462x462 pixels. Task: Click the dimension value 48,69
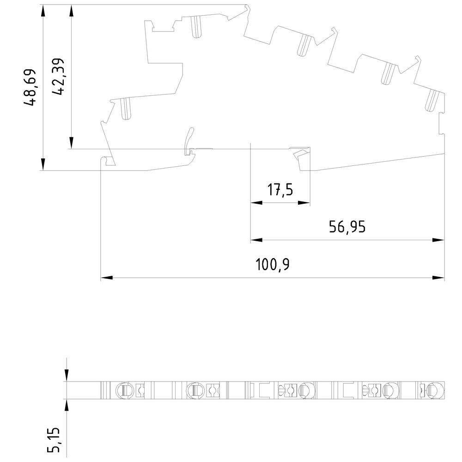pos(30,87)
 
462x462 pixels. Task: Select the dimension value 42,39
pos(58,77)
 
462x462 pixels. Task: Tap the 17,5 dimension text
pos(280,189)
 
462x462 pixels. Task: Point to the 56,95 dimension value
pos(347,227)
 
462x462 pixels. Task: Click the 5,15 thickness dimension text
pos(54,440)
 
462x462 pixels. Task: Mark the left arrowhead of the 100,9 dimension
pos(106,278)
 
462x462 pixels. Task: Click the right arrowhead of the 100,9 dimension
pos(438,278)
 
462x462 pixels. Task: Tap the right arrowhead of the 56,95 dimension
pos(438,240)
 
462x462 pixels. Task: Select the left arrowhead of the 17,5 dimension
pos(256,203)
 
